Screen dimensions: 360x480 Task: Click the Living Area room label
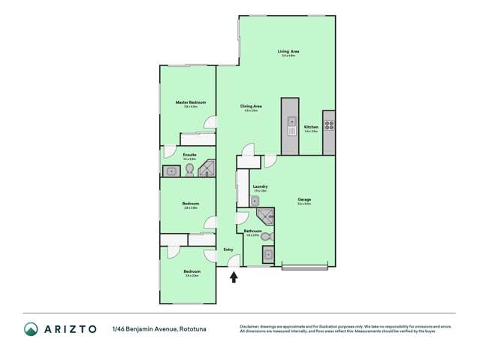click(288, 51)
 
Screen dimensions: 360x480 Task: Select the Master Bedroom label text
click(190, 102)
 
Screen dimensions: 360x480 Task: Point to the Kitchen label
click(311, 127)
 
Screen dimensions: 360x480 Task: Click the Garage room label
click(304, 199)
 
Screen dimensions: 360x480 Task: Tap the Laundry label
click(261, 186)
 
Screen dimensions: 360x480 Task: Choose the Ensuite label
click(189, 155)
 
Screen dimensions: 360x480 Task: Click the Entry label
click(228, 250)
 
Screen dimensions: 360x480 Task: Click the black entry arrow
click(234, 277)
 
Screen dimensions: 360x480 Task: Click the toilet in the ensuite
click(189, 171)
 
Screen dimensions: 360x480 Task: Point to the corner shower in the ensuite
click(207, 169)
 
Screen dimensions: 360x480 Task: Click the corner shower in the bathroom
click(265, 218)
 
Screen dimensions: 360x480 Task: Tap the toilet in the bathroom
click(266, 237)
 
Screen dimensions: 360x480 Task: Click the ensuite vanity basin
click(171, 171)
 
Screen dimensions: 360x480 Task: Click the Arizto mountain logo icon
click(31, 329)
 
